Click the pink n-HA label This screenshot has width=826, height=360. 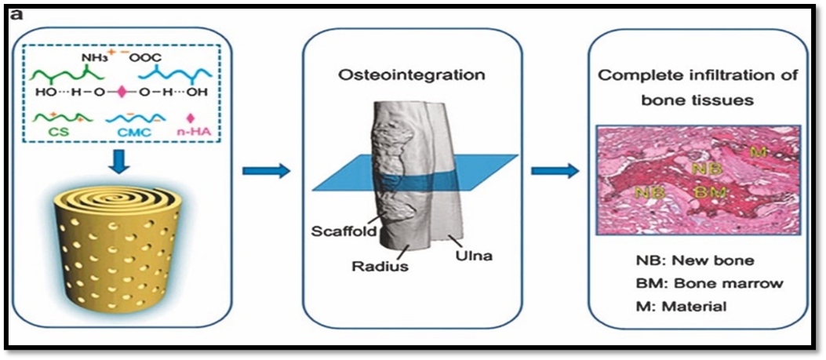point(198,134)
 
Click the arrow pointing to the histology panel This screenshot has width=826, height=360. point(553,169)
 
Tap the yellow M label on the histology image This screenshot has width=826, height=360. point(756,151)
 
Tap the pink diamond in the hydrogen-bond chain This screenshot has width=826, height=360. point(122,93)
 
